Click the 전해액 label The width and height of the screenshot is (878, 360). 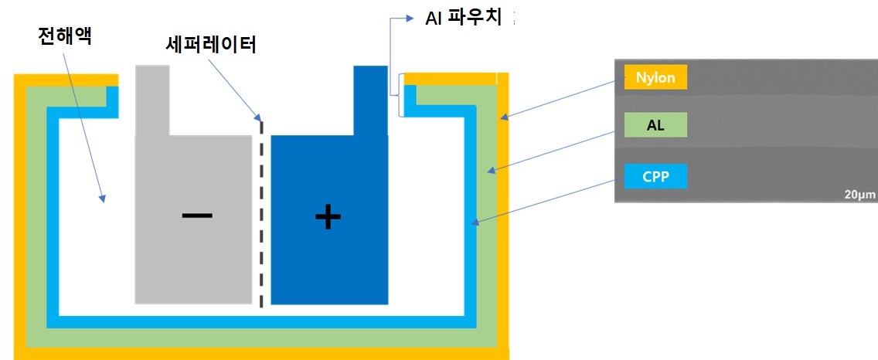(x=65, y=36)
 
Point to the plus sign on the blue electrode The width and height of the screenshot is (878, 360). (x=328, y=218)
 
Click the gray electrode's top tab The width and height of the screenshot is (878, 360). (x=151, y=99)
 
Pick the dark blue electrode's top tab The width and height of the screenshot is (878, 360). (x=369, y=99)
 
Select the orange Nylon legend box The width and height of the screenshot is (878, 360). (x=655, y=76)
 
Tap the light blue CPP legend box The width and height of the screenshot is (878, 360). (x=655, y=176)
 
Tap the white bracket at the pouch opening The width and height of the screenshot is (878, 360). (x=400, y=95)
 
